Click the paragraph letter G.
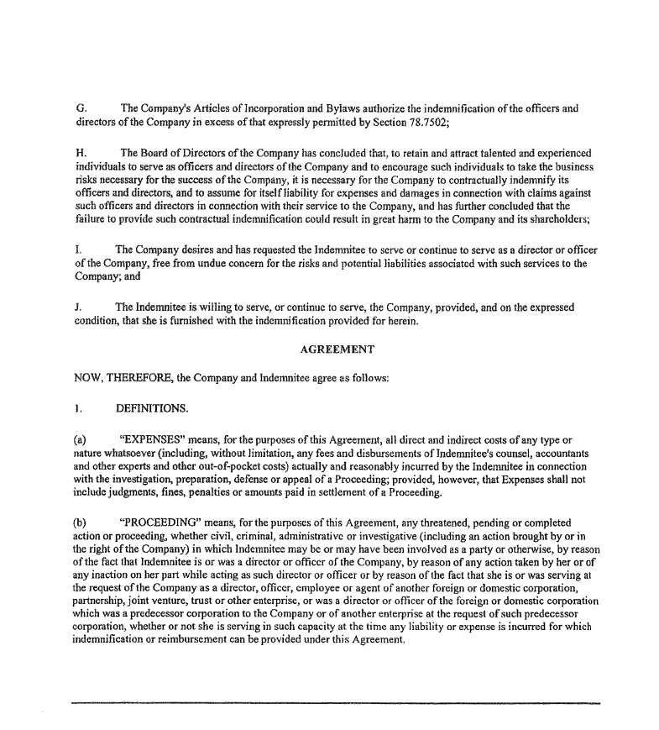(x=80, y=108)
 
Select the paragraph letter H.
(x=80, y=153)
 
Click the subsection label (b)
(x=81, y=522)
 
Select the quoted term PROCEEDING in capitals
(x=165, y=522)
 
